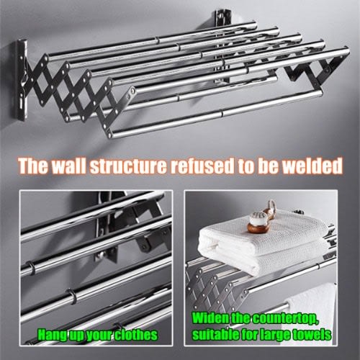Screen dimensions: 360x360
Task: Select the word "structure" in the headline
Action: tap(128, 166)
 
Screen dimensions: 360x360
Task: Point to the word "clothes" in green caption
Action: tap(136, 335)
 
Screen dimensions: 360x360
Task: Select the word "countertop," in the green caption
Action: tap(286, 319)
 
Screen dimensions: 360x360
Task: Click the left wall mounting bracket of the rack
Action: tap(22, 81)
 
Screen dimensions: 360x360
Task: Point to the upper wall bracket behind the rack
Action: tap(222, 17)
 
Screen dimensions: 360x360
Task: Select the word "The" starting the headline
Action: tap(33, 166)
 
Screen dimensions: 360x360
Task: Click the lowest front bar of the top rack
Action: tap(215, 112)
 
